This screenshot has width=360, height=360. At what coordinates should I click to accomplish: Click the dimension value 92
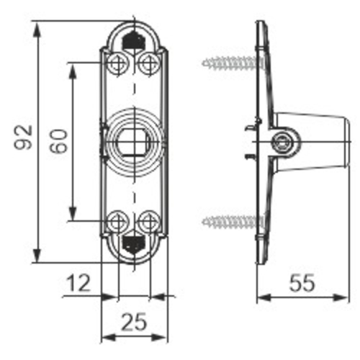coord(24,138)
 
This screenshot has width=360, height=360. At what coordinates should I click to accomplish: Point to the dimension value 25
coord(132,323)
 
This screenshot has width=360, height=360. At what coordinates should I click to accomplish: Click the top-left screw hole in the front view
coord(117,63)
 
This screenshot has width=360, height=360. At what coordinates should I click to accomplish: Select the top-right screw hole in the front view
coord(148,63)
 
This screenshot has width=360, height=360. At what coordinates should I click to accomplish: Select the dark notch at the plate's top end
coord(133,40)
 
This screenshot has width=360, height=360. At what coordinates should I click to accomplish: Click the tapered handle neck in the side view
coord(317,142)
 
